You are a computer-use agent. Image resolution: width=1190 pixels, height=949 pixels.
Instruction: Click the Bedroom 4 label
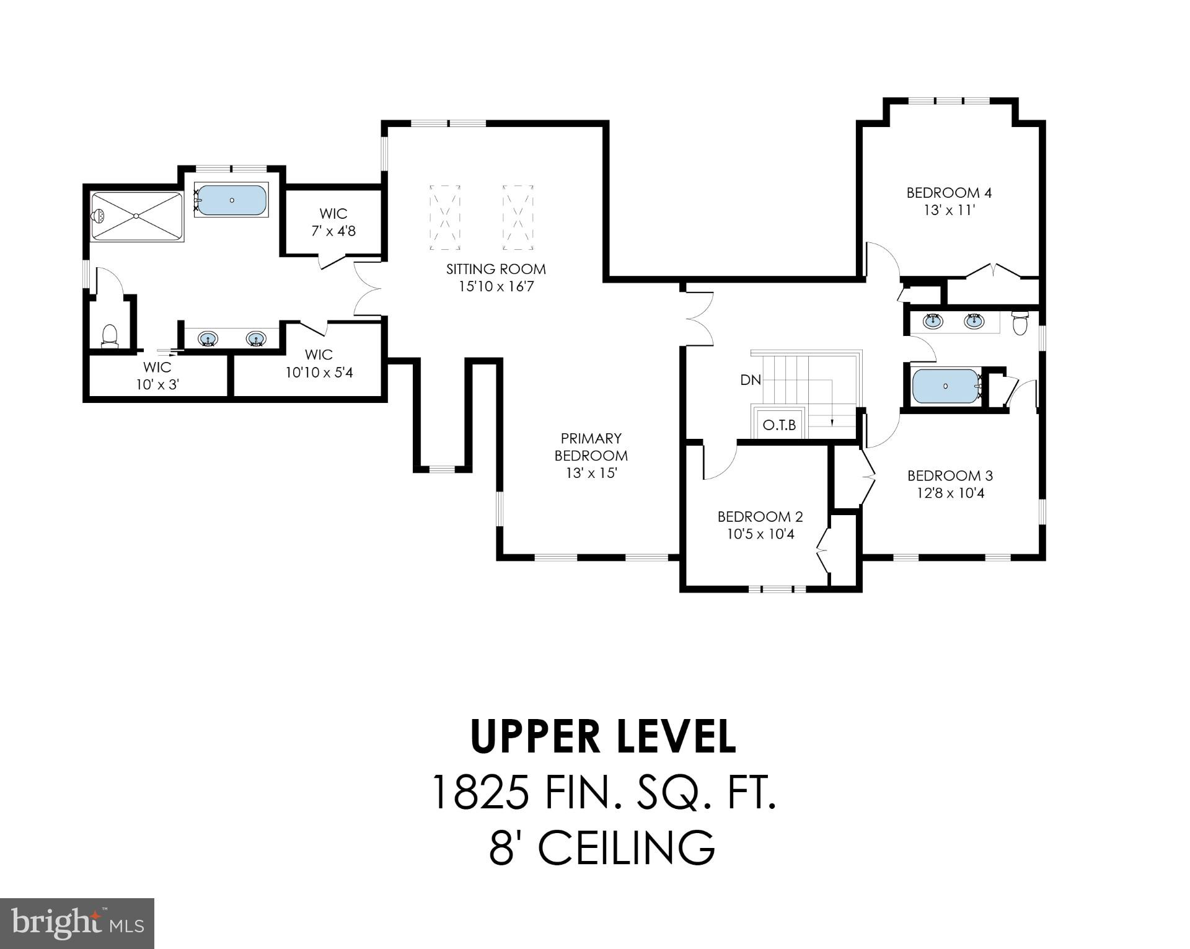tap(948, 193)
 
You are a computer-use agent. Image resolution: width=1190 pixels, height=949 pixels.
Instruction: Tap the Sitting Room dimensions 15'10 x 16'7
tap(496, 286)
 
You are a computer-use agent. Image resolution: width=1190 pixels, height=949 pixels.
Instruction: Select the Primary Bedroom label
tap(591, 447)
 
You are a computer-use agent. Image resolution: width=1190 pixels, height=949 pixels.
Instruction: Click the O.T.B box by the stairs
tap(779, 425)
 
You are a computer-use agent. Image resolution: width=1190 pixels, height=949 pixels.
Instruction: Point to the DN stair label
tap(750, 380)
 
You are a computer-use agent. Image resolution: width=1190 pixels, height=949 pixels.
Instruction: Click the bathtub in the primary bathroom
tap(232, 200)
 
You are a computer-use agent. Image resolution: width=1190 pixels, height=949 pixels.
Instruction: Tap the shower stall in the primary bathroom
tap(137, 216)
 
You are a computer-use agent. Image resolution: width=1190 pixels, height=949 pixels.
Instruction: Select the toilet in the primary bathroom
tap(110, 336)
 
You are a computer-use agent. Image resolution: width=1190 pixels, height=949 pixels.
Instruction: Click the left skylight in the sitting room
tap(445, 217)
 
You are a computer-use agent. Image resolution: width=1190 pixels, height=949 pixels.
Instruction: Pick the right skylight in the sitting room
tap(518, 217)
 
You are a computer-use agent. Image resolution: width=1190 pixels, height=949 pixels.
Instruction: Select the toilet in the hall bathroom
tap(1020, 322)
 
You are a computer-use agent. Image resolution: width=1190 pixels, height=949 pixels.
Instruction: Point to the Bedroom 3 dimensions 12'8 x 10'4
tap(950, 493)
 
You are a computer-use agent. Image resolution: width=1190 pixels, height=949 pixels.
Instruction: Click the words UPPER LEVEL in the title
tap(604, 736)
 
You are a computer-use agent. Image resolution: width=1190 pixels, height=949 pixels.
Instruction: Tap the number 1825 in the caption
tap(480, 793)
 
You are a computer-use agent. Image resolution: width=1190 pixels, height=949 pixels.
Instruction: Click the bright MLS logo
tap(77, 923)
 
